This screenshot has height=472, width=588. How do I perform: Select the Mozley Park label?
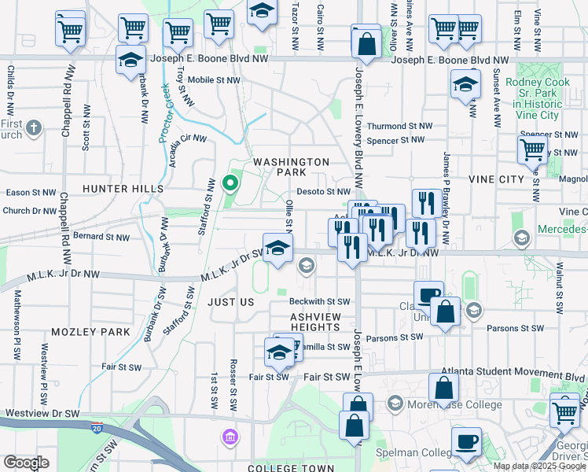pyautogui.click(x=90, y=332)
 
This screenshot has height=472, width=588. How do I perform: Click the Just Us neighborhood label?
pyautogui.click(x=231, y=302)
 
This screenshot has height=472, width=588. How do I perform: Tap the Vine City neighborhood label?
pyautogui.click(x=496, y=179)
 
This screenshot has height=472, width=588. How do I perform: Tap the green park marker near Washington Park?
pyautogui.click(x=230, y=184)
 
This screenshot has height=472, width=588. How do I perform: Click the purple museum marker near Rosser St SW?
pyautogui.click(x=229, y=436)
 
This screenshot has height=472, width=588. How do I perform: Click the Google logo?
pyautogui.click(x=26, y=463)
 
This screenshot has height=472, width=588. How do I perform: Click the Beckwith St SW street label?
pyautogui.click(x=318, y=301)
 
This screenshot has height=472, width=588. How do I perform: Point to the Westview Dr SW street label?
pyautogui.click(x=42, y=413)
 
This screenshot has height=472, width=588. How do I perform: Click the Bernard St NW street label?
pyautogui.click(x=100, y=236)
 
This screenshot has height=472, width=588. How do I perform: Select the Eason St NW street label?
pyautogui.click(x=31, y=192)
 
